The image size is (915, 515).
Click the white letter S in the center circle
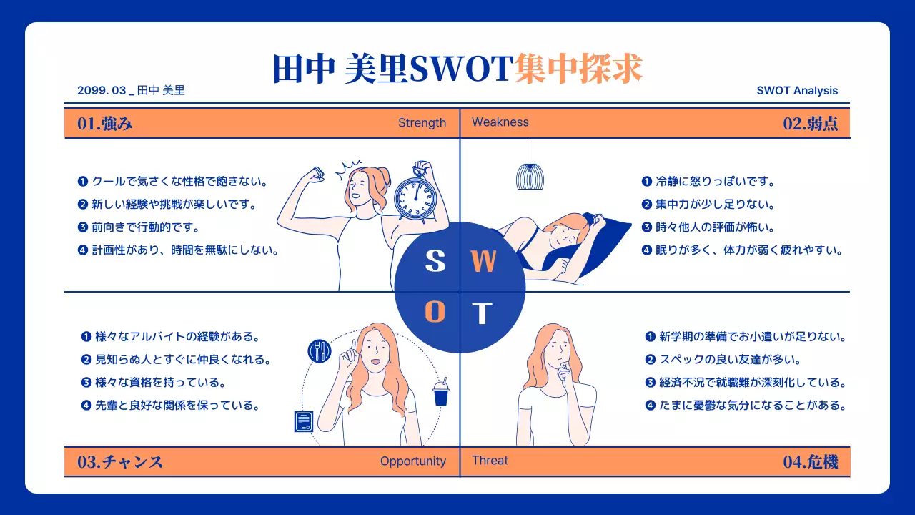[435, 262]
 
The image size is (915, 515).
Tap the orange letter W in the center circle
[484, 262]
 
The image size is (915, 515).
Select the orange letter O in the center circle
[435, 313]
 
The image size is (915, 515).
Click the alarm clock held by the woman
[415, 197]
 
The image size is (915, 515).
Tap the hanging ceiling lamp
[530, 175]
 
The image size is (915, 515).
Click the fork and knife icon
[320, 350]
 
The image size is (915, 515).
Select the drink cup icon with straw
[441, 392]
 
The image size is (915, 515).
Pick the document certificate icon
[305, 421]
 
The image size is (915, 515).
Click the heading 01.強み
[105, 123]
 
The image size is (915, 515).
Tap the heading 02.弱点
[811, 123]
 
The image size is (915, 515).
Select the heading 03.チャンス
[120, 461]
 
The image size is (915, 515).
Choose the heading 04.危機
[811, 461]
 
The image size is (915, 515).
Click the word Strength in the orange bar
[422, 123]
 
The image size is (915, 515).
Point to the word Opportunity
[412, 461]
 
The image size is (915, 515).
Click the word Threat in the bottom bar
[490, 461]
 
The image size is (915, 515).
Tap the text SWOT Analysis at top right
[797, 91]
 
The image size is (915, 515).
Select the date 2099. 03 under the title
[102, 91]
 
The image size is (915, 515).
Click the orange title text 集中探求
[578, 69]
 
